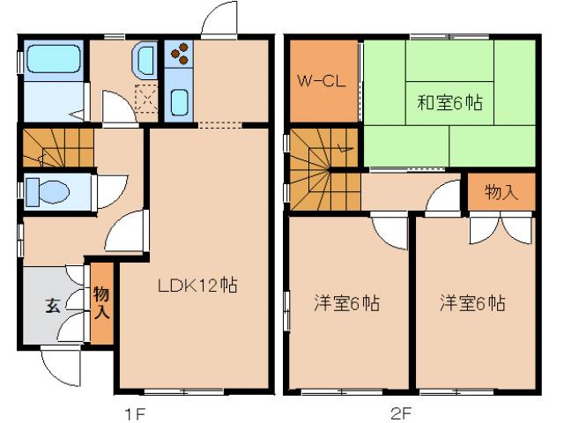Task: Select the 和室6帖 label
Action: tap(450, 101)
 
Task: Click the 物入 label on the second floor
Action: tap(502, 192)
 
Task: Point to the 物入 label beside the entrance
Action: tap(102, 301)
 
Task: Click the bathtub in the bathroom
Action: tap(52, 60)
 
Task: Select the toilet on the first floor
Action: tap(44, 190)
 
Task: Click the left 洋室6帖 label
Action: tap(347, 303)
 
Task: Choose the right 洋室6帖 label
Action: tap(473, 303)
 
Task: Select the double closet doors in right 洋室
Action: tap(501, 228)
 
